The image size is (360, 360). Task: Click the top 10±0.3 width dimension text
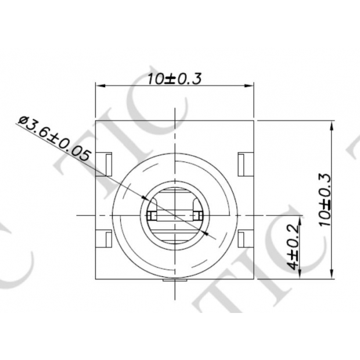[x=174, y=80]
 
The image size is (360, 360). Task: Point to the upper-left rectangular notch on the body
[x=105, y=162]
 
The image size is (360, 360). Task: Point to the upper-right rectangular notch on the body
[x=244, y=162]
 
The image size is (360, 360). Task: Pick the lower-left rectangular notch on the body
[x=105, y=239]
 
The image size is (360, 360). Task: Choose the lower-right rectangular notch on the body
[x=244, y=239]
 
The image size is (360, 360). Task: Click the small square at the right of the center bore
[x=197, y=216]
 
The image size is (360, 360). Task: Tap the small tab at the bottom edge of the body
[x=175, y=282]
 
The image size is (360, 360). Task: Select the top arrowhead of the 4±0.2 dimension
[x=300, y=220]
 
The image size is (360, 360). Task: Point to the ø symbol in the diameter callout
[x=24, y=121]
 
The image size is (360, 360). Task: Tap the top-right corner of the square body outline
[x=254, y=120]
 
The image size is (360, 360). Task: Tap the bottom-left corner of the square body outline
[x=96, y=279]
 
